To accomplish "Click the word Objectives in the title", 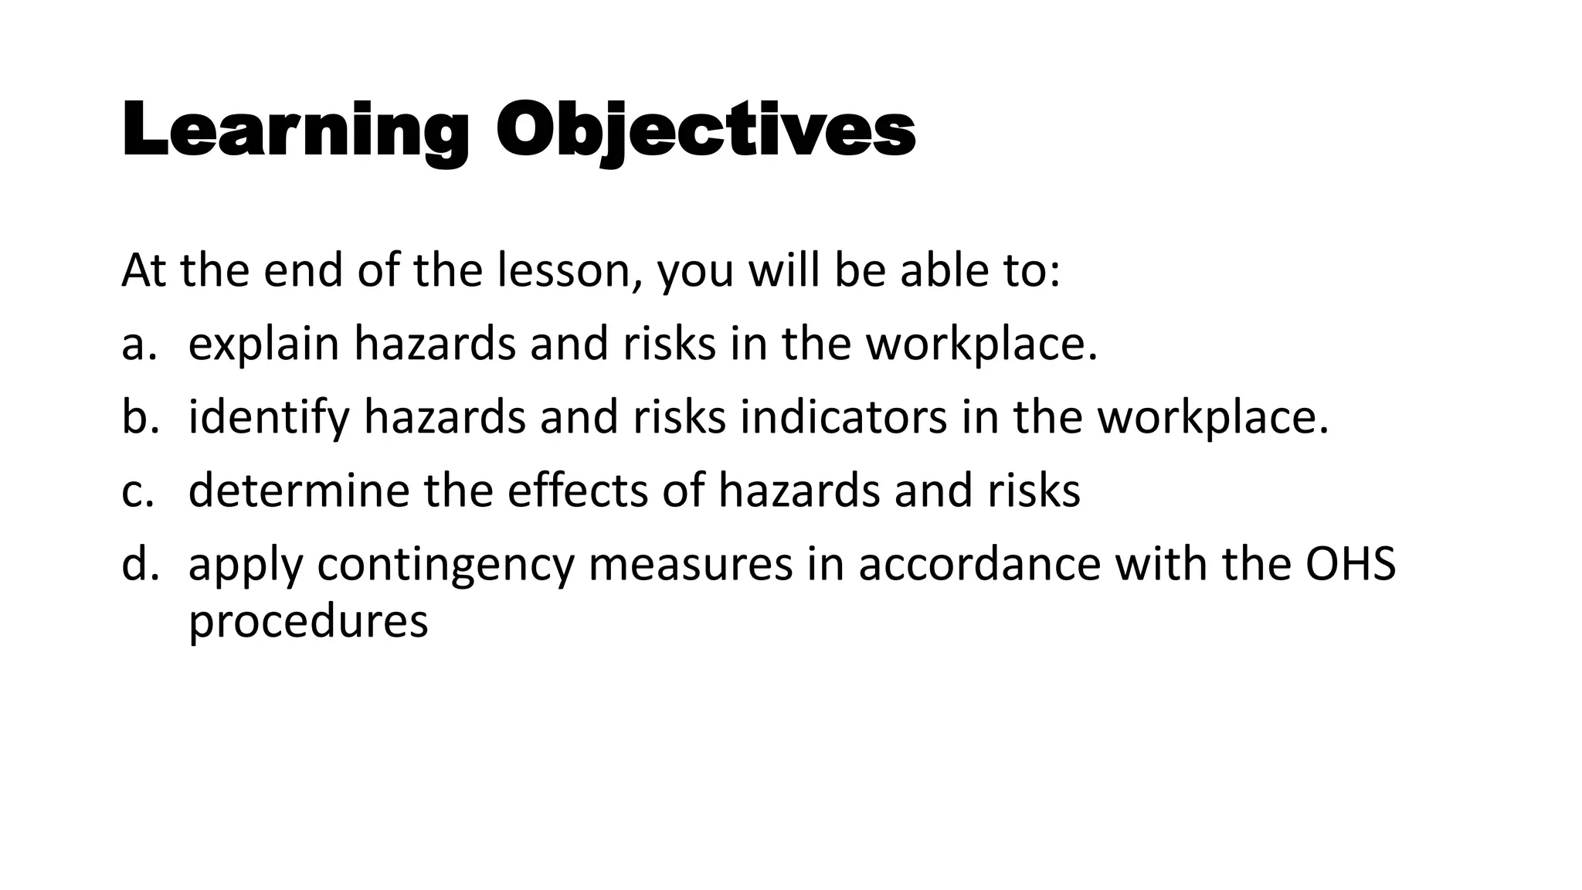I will click(705, 131).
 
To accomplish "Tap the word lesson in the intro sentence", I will click(569, 271).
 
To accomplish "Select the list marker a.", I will click(139, 345).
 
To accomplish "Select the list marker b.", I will click(140, 417).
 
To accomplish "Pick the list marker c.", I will click(138, 491).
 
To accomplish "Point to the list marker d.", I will click(140, 564).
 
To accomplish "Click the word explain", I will click(263, 345).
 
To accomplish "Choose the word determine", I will click(298, 491).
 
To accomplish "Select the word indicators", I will click(843, 417).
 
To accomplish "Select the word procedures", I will click(307, 621).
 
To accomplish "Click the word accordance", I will click(979, 564).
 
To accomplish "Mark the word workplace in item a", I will click(981, 345).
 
